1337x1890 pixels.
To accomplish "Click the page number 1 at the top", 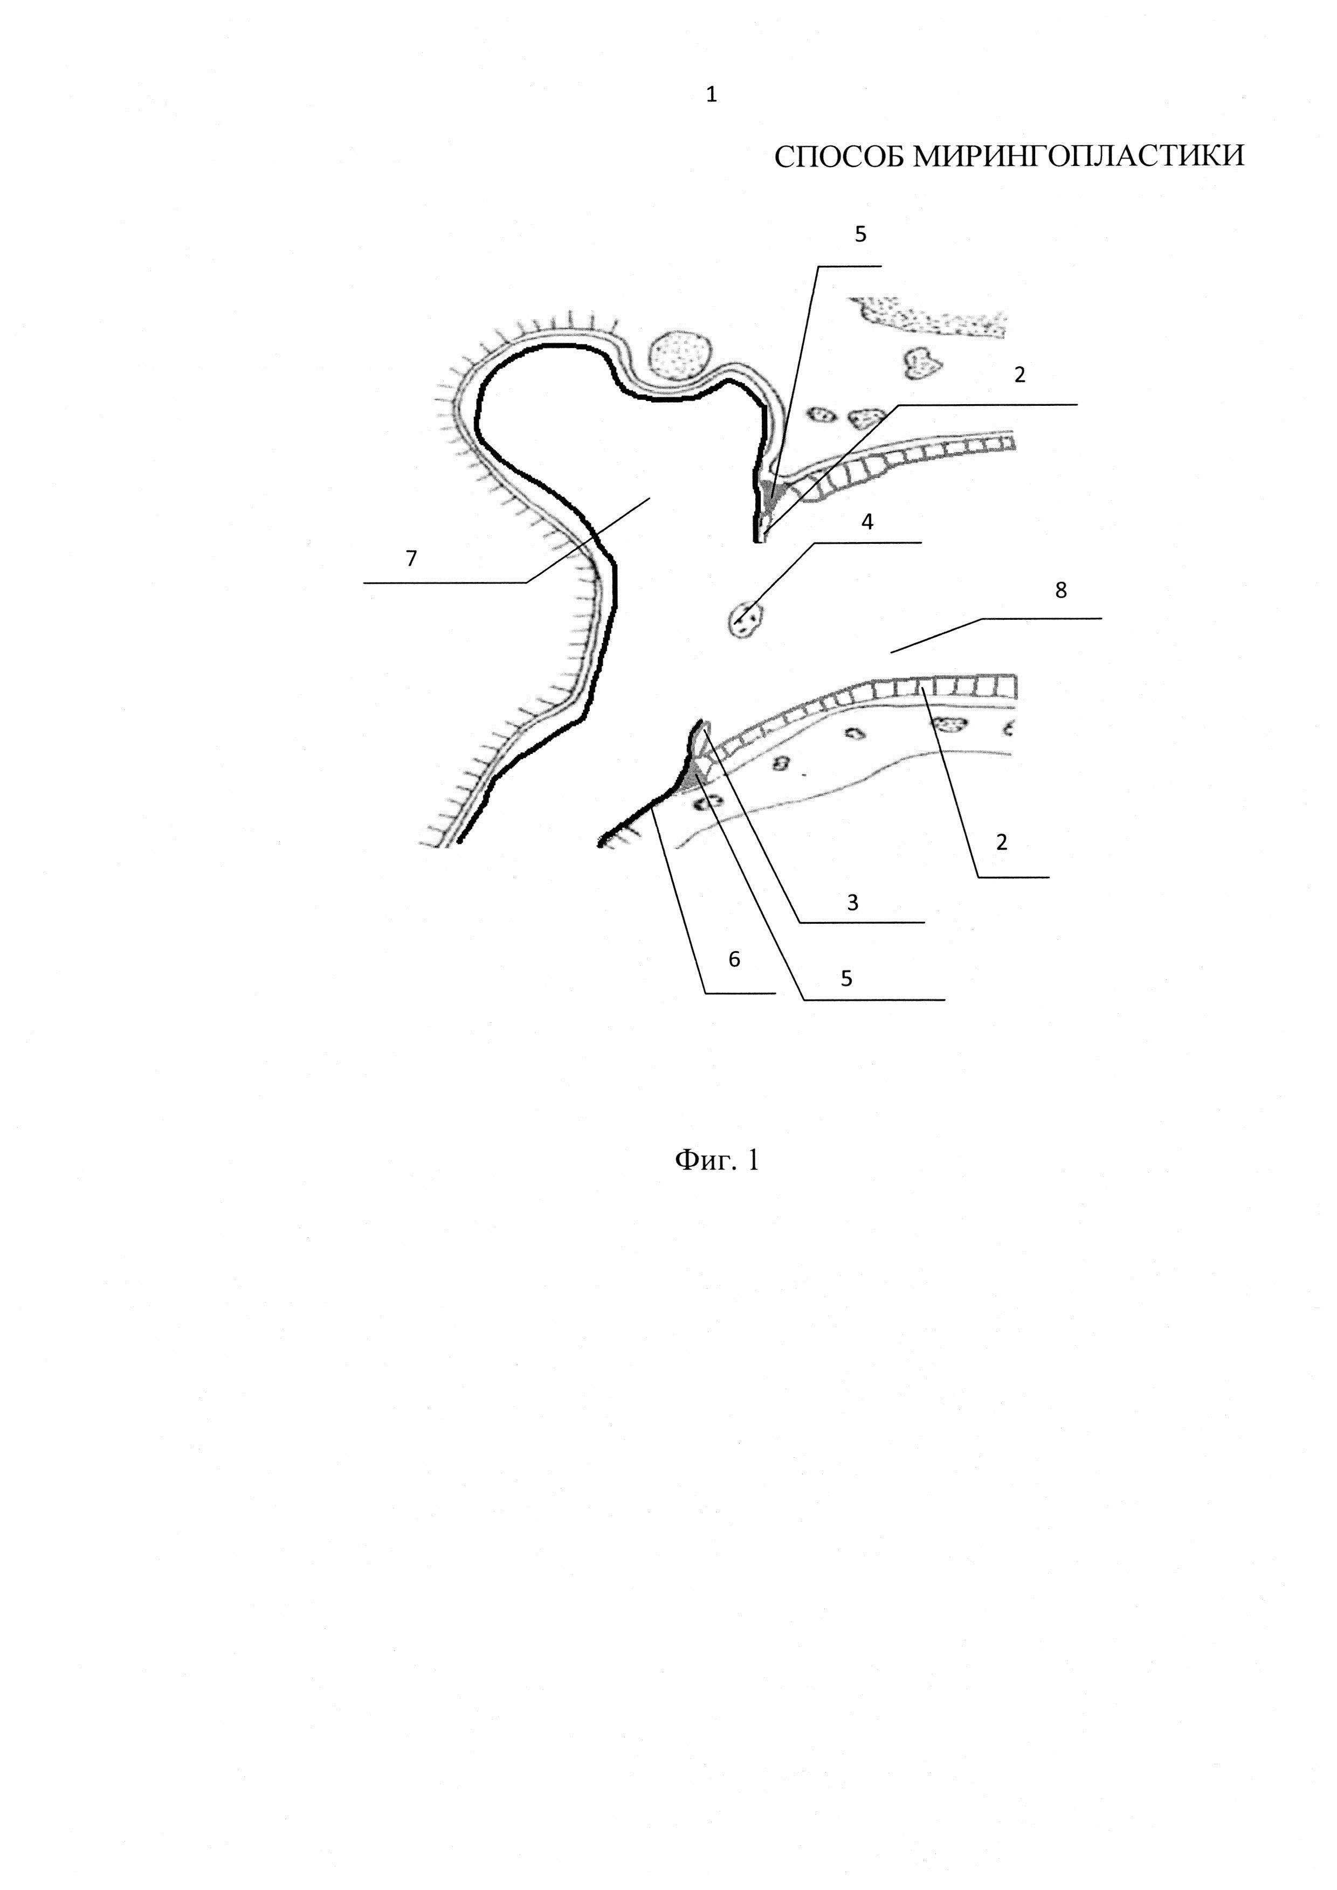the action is tap(711, 95).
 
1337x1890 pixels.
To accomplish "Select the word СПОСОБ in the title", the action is tap(840, 156).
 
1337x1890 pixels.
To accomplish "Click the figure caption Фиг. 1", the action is tap(716, 1160).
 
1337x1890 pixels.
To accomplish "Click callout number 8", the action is tap(1060, 590).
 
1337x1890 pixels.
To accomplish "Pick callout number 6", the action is tap(734, 958).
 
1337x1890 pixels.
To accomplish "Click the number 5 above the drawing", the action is tap(860, 234).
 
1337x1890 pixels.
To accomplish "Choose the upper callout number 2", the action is tap(1020, 375).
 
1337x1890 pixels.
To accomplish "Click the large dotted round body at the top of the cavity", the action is tap(679, 355).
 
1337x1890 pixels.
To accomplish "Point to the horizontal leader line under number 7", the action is tap(445, 583).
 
